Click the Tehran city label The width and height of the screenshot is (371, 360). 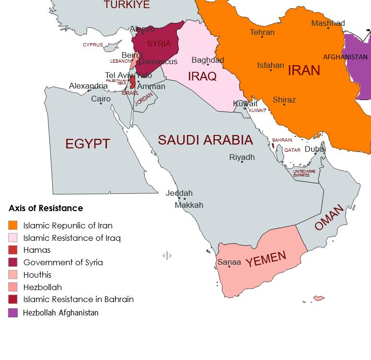(262, 32)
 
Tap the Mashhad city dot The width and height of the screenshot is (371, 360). (328, 28)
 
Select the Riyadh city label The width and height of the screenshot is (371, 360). (242, 157)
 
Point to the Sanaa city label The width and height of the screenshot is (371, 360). (229, 262)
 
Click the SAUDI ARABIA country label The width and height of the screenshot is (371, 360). (205, 140)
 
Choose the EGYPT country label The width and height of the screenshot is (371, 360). (88, 144)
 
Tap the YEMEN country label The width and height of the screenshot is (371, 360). (266, 259)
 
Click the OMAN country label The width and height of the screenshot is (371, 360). (330, 218)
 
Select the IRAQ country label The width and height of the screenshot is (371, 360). (202, 76)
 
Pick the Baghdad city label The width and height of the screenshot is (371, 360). (208, 60)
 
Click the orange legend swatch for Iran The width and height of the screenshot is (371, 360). (13, 225)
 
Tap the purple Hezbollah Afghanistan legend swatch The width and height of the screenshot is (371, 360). (13, 313)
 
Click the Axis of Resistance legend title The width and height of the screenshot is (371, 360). (46, 208)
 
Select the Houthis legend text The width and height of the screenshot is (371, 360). (37, 275)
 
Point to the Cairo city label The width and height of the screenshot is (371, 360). (101, 99)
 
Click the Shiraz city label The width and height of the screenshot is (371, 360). (284, 100)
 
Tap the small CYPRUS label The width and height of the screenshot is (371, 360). (93, 45)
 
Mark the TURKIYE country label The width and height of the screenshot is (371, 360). (127, 5)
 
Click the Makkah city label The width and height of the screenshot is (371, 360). (189, 205)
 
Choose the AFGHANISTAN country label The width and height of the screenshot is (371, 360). (345, 56)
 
